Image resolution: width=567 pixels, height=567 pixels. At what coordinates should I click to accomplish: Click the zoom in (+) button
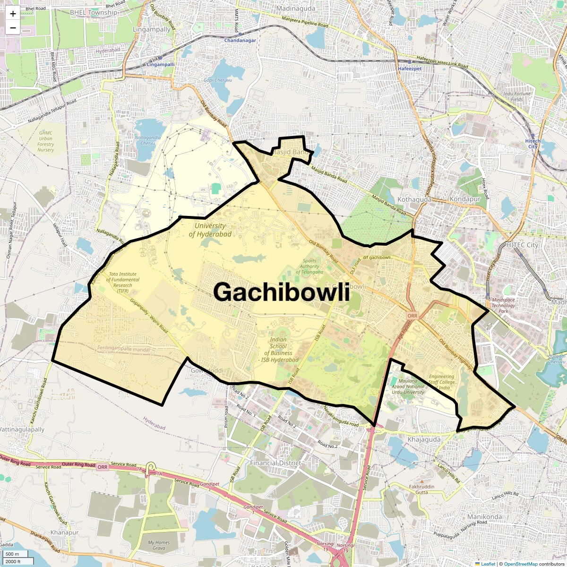point(13,14)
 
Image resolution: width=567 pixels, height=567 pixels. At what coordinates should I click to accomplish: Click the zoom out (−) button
point(13,28)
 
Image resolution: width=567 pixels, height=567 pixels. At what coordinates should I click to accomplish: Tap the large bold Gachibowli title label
point(281,292)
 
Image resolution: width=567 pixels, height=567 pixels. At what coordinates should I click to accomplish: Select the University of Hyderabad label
point(210,230)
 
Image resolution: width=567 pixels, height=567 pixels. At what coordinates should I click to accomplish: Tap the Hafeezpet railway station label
point(409,69)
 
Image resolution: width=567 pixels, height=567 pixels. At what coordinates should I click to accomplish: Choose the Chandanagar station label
point(240,40)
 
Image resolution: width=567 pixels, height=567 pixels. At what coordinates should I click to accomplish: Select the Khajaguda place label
point(424,439)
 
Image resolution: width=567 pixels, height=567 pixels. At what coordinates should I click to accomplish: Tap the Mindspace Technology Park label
point(503,305)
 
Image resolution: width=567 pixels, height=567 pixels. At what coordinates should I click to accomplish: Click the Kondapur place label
point(465,199)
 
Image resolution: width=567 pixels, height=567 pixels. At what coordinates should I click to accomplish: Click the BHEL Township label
point(94,12)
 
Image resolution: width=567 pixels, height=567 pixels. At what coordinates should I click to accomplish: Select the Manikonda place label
point(484,516)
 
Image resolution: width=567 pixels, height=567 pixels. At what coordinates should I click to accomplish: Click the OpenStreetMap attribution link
point(520,564)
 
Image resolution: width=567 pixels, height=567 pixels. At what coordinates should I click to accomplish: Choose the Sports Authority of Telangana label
point(309,266)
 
